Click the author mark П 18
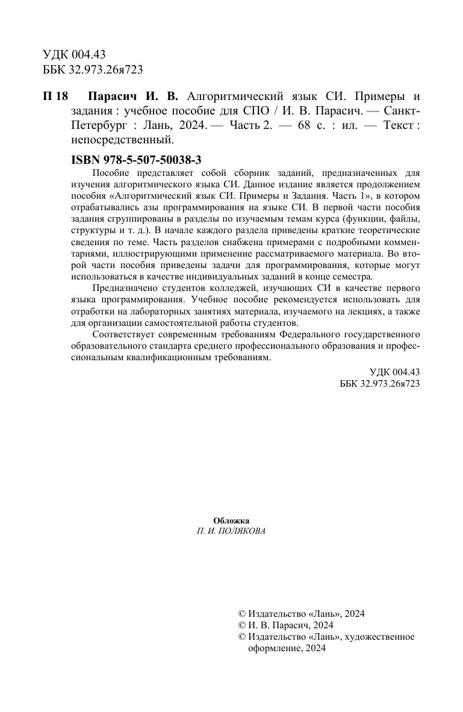pos(57,97)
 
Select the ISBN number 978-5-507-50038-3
pos(144,160)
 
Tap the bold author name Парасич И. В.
pos(132,97)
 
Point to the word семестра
pos(353,276)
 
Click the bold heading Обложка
pos(231,520)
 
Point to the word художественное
pos(381,637)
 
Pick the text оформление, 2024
pos(287,648)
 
